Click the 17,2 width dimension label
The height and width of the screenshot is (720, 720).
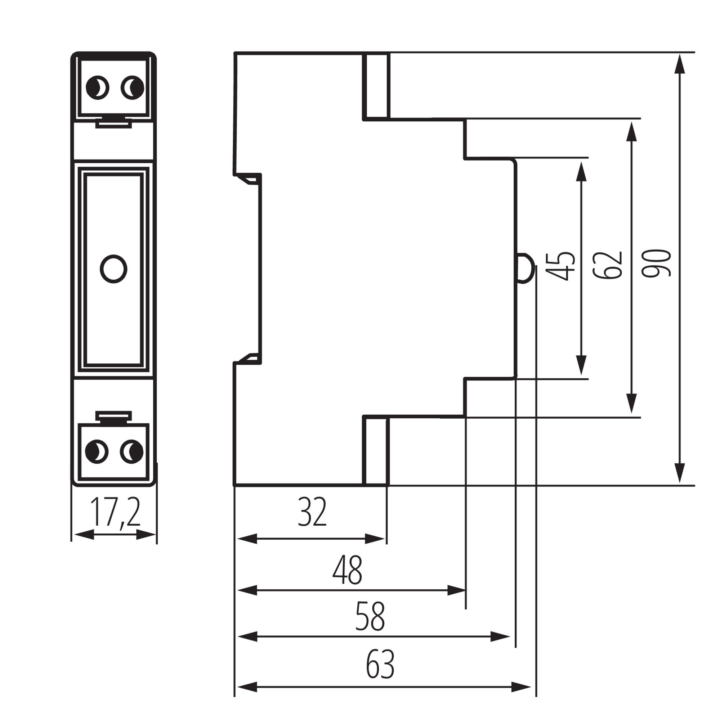[115, 512]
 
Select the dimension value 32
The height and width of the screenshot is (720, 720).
[312, 512]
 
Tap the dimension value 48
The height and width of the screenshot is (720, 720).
[347, 570]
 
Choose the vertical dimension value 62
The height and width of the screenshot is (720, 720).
[608, 265]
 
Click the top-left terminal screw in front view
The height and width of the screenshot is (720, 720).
[97, 87]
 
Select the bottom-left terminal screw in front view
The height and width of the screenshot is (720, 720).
[97, 452]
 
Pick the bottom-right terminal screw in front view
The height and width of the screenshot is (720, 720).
[131, 452]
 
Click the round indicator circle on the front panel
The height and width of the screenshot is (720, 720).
[114, 269]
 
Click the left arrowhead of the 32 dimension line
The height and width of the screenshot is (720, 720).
[247, 539]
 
